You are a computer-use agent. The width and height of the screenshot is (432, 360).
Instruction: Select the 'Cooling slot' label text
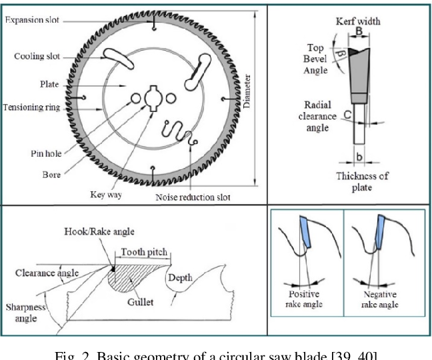37,56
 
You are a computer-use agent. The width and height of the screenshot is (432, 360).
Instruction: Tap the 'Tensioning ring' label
31,107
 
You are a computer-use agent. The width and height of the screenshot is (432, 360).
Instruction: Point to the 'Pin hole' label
46,154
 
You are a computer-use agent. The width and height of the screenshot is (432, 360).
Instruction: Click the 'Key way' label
105,195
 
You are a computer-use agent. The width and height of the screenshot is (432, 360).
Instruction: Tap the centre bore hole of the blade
153,99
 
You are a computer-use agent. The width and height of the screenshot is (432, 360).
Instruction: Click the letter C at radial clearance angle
348,115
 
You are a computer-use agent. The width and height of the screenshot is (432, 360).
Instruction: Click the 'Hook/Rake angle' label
99,232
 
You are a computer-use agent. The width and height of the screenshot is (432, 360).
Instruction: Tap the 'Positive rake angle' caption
305,299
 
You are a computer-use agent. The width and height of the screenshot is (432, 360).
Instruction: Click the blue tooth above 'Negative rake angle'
381,230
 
